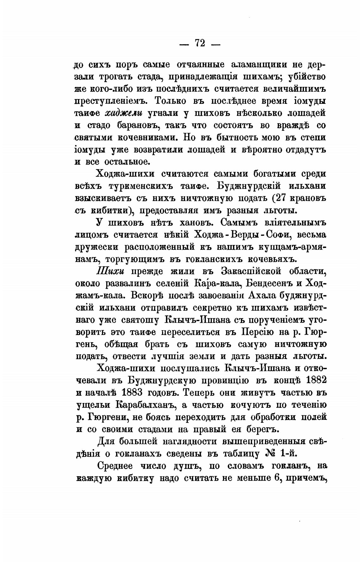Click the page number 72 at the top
pyautogui.click(x=200, y=42)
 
